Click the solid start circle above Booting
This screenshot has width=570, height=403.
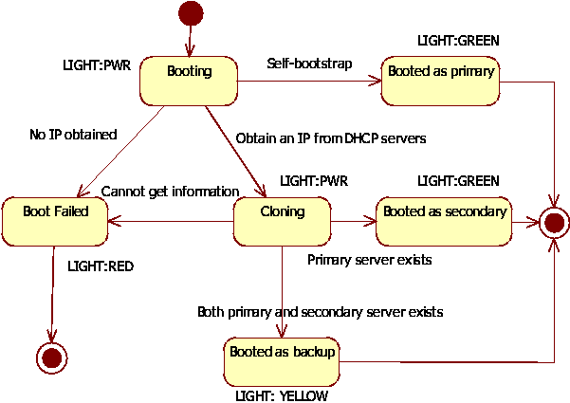[191, 13]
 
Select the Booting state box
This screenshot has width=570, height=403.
[189, 81]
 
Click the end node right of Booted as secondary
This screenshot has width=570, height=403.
[554, 224]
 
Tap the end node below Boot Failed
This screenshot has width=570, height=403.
[51, 357]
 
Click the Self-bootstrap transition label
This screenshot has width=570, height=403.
[309, 64]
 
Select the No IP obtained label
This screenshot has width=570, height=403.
[73, 135]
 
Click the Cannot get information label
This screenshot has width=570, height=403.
[170, 191]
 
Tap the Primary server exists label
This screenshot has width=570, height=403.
[370, 260]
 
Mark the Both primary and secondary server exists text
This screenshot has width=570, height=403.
[320, 311]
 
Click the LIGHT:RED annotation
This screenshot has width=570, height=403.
[101, 266]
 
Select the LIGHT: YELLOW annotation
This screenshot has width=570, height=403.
[282, 395]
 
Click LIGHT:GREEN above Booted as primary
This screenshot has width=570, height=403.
[458, 41]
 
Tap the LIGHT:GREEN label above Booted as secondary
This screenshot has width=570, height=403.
[458, 181]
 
